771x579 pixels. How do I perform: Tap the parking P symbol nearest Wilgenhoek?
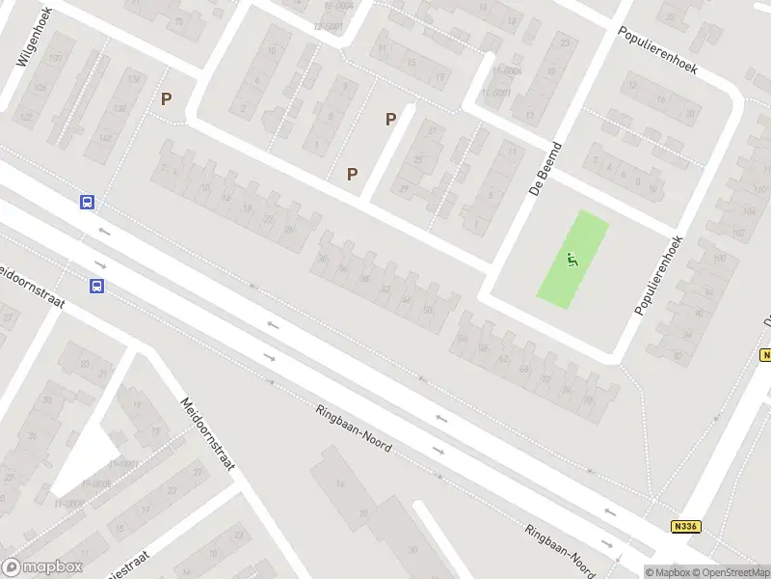coord(167,98)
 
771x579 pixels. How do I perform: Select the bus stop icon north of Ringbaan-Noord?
coord(87,202)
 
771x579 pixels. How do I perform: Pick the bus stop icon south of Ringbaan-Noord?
coord(96,286)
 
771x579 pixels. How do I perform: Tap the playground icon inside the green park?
coord(572,259)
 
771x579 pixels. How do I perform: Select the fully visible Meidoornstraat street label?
coord(207,434)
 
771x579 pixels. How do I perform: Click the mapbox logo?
coord(41,567)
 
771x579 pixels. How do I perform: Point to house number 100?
coord(717,260)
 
